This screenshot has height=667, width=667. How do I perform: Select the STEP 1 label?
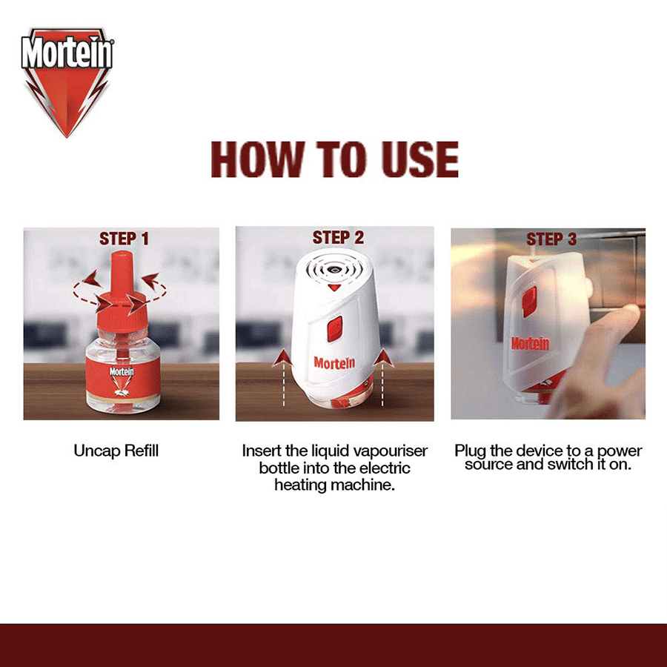(124, 239)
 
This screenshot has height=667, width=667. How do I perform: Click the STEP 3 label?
(551, 239)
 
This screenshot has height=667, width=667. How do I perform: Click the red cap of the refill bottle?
(122, 293)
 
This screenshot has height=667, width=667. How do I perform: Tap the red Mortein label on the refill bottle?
(122, 375)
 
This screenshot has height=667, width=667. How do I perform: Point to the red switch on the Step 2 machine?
(334, 328)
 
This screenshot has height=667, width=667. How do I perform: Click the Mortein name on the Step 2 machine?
(333, 363)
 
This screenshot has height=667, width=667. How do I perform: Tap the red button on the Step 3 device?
(529, 302)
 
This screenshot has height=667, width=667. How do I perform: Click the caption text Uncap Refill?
(116, 451)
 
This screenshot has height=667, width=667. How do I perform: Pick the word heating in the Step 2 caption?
(302, 485)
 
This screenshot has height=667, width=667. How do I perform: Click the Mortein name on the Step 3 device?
(530, 343)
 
